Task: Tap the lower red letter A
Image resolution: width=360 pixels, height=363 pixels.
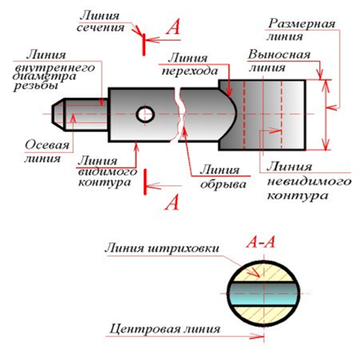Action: (171, 201)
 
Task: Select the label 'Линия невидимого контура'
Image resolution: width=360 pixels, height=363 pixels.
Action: (298, 182)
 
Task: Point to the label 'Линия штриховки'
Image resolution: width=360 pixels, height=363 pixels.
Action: (161, 247)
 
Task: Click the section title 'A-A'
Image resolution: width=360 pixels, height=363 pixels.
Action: (260, 242)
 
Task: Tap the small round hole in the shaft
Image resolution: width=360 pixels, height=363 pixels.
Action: (145, 114)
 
